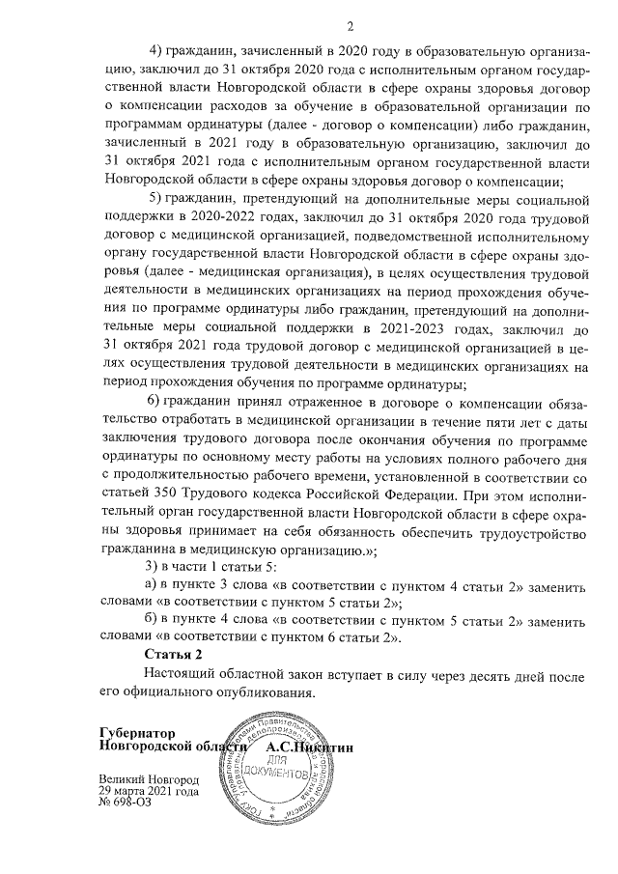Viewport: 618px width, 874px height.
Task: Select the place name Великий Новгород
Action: pyautogui.click(x=149, y=778)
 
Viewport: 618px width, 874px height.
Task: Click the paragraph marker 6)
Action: pyautogui.click(x=154, y=402)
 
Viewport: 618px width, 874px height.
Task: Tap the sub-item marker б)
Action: pyautogui.click(x=152, y=618)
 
